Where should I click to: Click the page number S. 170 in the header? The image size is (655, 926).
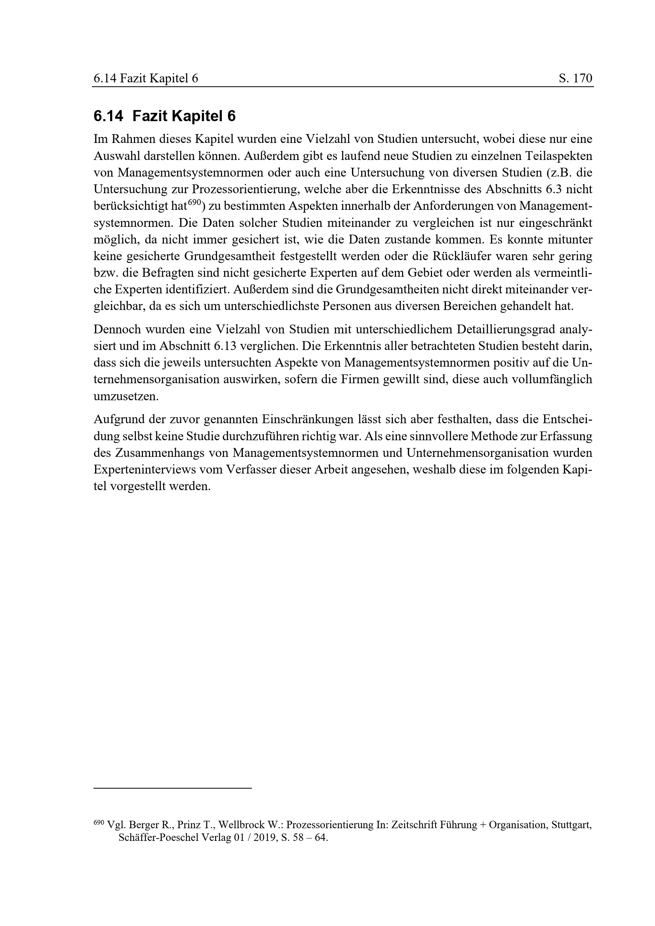[575, 78]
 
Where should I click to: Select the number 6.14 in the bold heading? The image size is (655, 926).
[108, 116]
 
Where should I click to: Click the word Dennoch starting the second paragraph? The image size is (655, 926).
[116, 329]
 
